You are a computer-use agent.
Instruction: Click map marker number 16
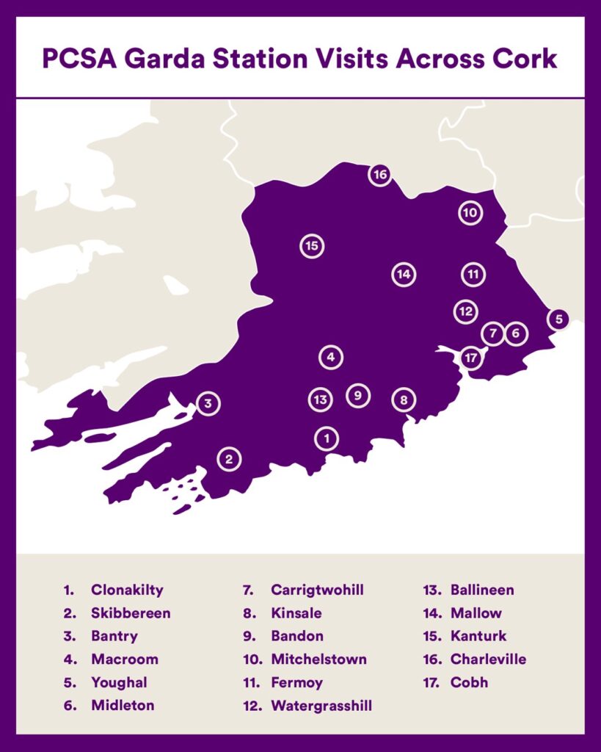point(379,175)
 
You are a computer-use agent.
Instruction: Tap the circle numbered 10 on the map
point(470,213)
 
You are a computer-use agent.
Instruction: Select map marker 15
point(312,246)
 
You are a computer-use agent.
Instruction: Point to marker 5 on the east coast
point(558,319)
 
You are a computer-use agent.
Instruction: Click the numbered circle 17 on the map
point(471,359)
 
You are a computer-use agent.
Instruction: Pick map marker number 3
point(208,403)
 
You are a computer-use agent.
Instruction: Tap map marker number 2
point(229,460)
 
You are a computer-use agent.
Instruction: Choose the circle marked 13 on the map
point(320,399)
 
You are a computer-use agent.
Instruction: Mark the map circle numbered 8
point(404,400)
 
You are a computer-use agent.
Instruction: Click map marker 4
point(331,358)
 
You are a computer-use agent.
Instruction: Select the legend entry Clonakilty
point(127,590)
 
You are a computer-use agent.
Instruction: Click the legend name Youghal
point(119,682)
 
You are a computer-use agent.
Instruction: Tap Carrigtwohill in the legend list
point(317,590)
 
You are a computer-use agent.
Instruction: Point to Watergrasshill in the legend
point(321,706)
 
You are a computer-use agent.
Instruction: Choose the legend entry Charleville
point(488,659)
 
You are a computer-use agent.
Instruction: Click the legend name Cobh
point(469,682)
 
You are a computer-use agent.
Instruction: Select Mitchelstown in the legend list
point(318,659)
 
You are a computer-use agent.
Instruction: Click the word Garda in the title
point(168,58)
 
